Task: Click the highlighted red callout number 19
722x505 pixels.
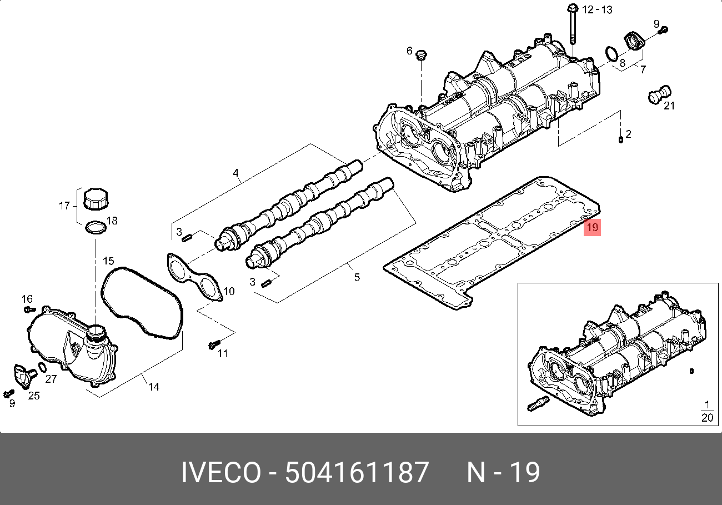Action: pos(592,227)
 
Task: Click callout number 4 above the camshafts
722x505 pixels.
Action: pos(235,173)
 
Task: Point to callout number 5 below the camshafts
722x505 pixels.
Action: pos(357,277)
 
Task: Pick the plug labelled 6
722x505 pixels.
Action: pos(422,56)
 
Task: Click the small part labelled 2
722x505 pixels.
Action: pos(620,139)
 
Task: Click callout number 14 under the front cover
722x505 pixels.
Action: pos(153,387)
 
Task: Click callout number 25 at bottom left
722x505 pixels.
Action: pos(34,396)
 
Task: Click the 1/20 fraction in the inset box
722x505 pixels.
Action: pos(706,411)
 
